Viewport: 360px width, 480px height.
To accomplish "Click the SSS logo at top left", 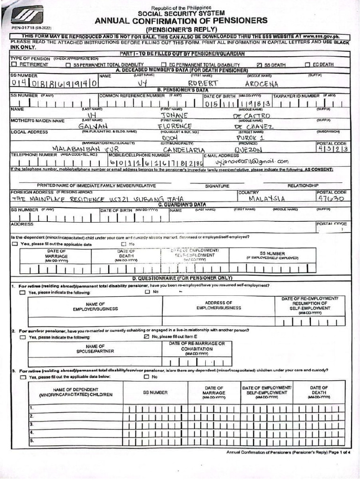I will click(x=27, y=15).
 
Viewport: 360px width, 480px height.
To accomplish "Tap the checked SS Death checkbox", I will click(x=260, y=65).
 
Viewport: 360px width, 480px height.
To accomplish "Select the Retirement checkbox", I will click(x=14, y=65).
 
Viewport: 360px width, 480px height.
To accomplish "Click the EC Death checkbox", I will click(x=307, y=65).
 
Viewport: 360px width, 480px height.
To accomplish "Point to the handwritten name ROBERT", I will click(x=203, y=83).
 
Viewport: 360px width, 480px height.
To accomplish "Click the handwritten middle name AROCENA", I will click(x=262, y=84).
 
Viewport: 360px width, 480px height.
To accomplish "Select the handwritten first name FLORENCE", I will click(x=175, y=126).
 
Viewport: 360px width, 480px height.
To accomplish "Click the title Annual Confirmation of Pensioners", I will click(x=181, y=21).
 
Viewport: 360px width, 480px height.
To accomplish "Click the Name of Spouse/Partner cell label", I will click(x=95, y=349).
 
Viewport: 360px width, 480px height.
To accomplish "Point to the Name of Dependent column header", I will click(x=75, y=392).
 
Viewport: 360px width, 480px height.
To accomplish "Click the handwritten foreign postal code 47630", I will click(x=331, y=199).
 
